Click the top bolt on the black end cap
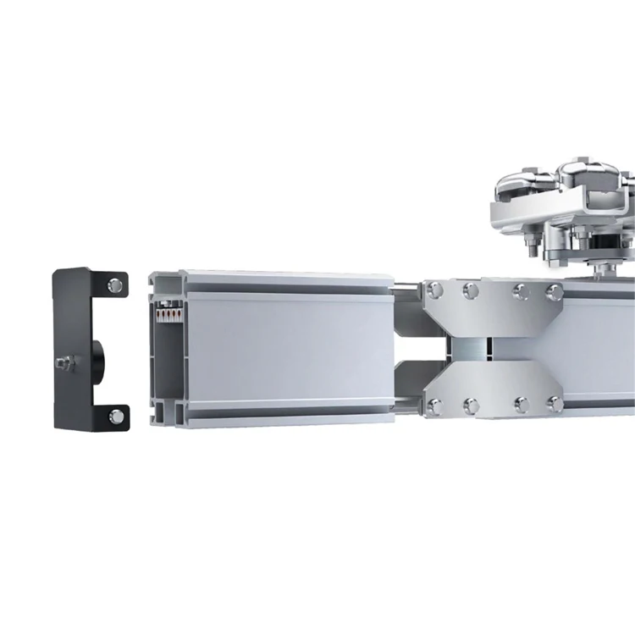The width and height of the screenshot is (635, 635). pos(116,283)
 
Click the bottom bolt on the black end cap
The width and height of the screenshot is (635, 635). pos(116,415)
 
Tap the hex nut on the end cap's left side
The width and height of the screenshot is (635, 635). pos(65,362)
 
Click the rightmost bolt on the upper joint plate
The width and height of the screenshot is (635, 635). pos(555,293)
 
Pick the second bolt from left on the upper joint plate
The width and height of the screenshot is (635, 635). pos(471,291)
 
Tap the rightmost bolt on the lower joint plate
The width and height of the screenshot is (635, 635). pos(555,404)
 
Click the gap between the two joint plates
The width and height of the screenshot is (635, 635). pos(478,348)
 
